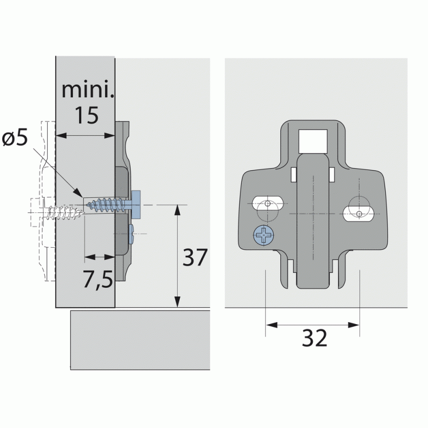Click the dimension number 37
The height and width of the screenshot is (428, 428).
pyautogui.click(x=195, y=257)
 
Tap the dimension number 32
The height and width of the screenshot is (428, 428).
pyautogui.click(x=315, y=338)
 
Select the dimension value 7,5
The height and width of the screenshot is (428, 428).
pyautogui.click(x=98, y=279)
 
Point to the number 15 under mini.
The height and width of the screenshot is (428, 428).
pyautogui.click(x=87, y=115)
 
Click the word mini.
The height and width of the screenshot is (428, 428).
pyautogui.click(x=88, y=89)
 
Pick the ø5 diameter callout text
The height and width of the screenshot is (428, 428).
pyautogui.click(x=15, y=137)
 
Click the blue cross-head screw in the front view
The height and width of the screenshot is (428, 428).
pyautogui.click(x=264, y=235)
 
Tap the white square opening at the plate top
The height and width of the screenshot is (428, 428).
pyautogui.click(x=313, y=141)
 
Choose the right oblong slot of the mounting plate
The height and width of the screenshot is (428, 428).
pyautogui.click(x=358, y=213)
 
